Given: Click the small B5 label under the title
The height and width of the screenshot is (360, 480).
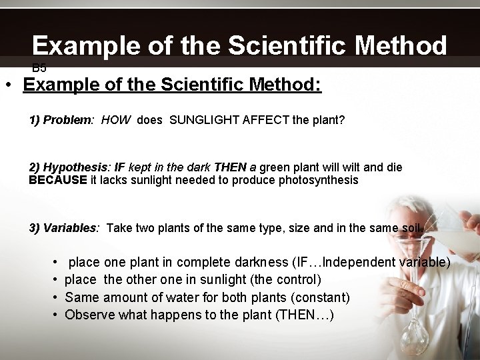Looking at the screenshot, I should [x=39, y=67].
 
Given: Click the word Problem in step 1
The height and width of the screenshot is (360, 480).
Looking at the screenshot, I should [x=68, y=121].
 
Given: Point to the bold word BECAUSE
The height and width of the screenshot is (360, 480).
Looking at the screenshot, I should [x=58, y=180].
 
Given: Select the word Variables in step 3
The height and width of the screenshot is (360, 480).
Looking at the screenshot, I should [x=71, y=228].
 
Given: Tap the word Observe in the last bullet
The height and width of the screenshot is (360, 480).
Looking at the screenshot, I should [x=89, y=314].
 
